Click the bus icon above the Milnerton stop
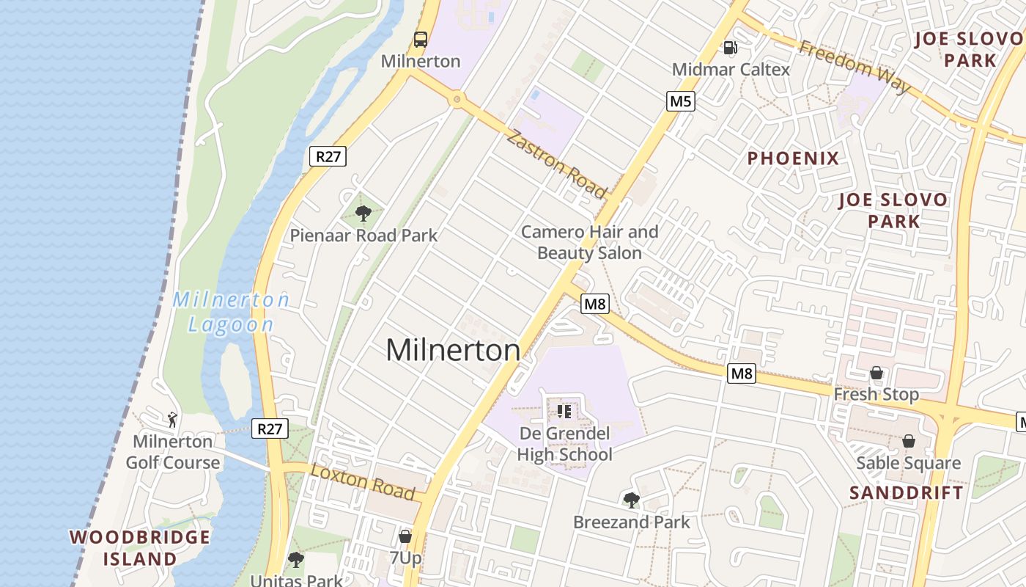421,40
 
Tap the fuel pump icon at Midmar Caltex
730,48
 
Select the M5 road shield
680,101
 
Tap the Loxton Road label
363,481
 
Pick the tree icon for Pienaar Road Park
363,214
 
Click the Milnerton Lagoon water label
232,312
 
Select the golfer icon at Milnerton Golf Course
172,420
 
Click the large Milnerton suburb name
453,350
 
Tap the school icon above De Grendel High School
564,411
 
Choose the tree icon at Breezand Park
631,500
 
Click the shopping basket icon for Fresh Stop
876,373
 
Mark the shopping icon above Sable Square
909,441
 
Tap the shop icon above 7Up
405,536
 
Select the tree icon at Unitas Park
295,560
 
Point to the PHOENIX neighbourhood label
793,158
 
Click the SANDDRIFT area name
907,492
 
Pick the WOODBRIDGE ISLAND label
140,547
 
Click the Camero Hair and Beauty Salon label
589,242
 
